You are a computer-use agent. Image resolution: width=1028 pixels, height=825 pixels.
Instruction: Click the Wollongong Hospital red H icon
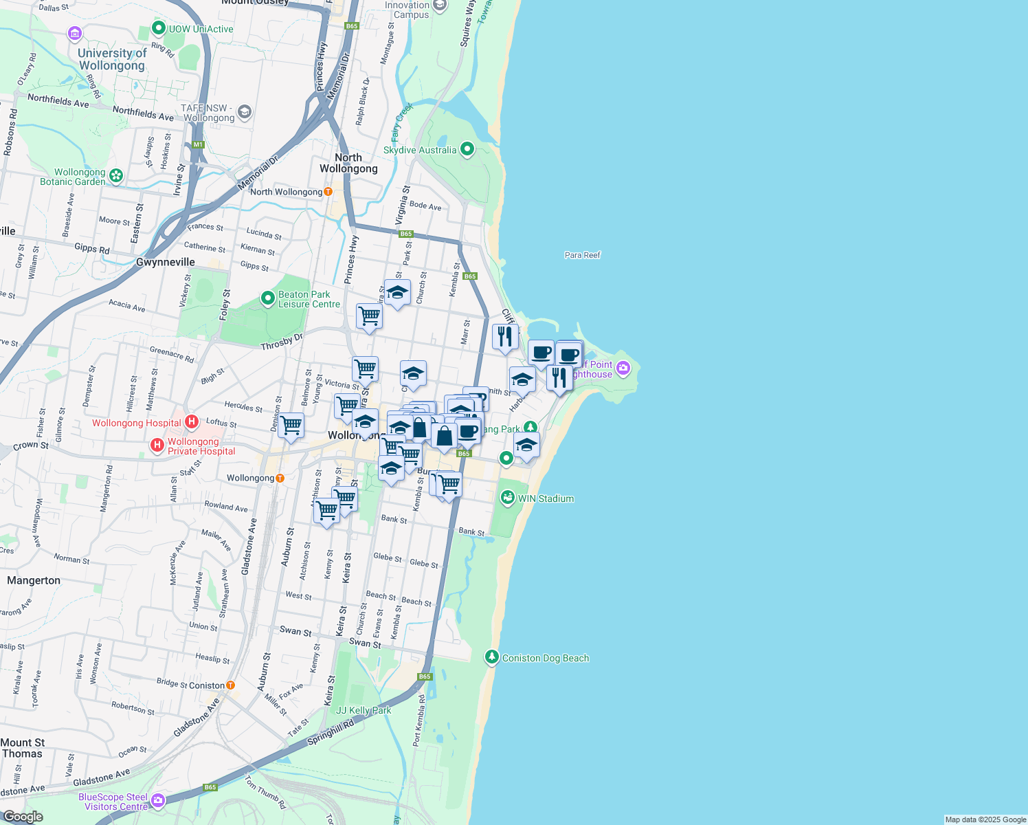tap(192, 421)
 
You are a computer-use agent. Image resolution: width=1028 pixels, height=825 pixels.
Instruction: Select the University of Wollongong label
tap(112, 59)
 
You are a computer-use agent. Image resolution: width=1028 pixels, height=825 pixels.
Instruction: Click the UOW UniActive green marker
tap(158, 28)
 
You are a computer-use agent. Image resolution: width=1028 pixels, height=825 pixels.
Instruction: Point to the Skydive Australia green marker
tap(467, 149)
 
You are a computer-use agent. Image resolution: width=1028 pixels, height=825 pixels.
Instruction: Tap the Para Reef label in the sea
tap(582, 255)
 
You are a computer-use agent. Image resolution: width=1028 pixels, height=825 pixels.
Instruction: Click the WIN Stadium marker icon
tap(508, 498)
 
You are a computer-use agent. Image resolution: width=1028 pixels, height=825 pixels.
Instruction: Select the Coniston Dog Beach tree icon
tap(491, 657)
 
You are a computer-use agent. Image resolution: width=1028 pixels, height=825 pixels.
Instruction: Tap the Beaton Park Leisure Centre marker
tap(268, 298)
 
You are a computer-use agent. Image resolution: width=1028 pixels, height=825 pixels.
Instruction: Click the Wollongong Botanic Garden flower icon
tap(116, 176)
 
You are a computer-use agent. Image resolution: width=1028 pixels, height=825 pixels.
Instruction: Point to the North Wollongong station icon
tap(328, 192)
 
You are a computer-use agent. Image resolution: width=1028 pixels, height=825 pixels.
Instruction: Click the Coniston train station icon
tap(230, 685)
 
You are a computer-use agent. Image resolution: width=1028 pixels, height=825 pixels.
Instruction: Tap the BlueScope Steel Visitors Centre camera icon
tap(158, 800)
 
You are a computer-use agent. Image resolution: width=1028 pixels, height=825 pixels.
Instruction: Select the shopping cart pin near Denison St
tap(291, 426)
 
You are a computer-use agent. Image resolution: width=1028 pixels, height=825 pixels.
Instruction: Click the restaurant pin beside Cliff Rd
tap(505, 337)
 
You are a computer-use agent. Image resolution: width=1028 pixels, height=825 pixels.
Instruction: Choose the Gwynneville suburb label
tap(166, 262)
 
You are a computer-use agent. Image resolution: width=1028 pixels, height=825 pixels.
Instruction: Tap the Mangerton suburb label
tap(34, 580)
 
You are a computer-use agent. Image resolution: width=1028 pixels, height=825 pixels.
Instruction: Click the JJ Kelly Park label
tap(364, 710)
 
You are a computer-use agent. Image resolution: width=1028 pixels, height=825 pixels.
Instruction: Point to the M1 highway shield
tap(199, 144)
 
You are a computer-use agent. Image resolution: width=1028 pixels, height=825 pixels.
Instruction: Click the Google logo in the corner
tap(23, 816)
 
